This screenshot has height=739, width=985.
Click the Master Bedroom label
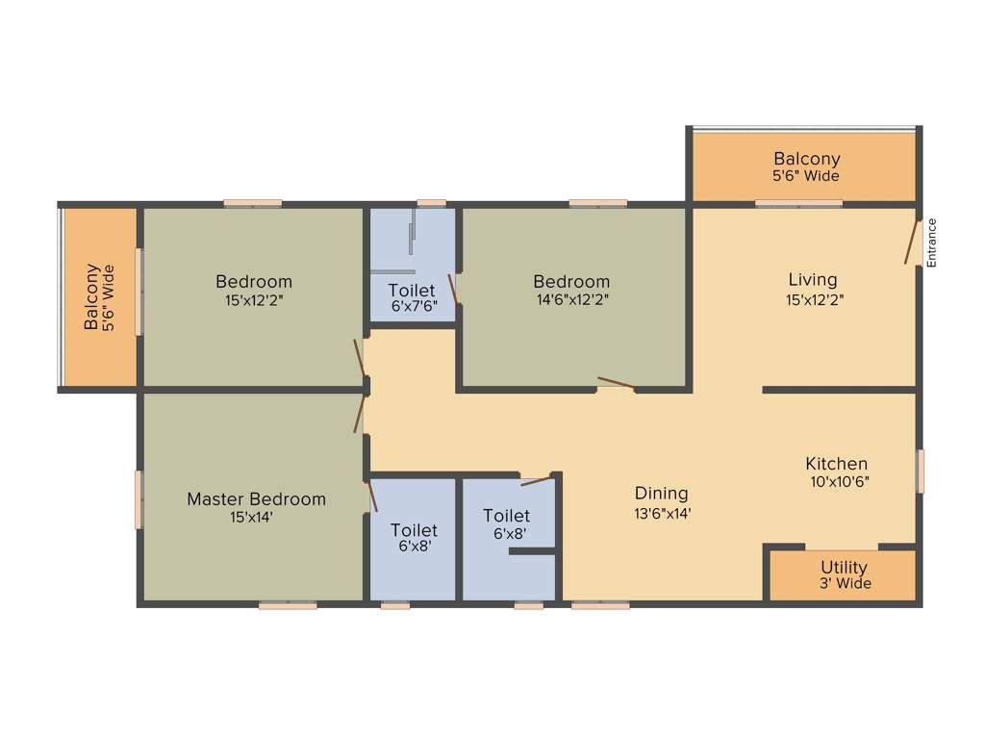tap(256, 498)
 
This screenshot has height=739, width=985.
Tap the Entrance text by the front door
tap(931, 242)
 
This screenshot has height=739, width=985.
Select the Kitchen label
tap(836, 464)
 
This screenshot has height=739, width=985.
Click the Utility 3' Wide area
tap(844, 575)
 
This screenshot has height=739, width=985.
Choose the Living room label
tap(812, 279)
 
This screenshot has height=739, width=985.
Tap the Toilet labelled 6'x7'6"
tap(412, 298)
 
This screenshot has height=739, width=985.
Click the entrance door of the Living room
tap(911, 241)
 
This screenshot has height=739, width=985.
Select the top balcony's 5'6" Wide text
tap(806, 176)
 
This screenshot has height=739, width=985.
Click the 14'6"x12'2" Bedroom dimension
tap(571, 299)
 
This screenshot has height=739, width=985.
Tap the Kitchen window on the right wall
tap(921, 471)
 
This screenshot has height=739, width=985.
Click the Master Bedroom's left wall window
tap(139, 498)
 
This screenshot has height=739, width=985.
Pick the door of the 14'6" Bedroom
tap(616, 383)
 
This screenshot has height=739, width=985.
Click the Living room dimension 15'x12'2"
tap(812, 298)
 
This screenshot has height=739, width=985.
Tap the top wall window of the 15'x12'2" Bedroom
tap(253, 203)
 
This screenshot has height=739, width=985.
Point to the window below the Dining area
tap(600, 605)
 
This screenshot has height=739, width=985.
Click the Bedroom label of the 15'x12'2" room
tap(254, 281)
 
